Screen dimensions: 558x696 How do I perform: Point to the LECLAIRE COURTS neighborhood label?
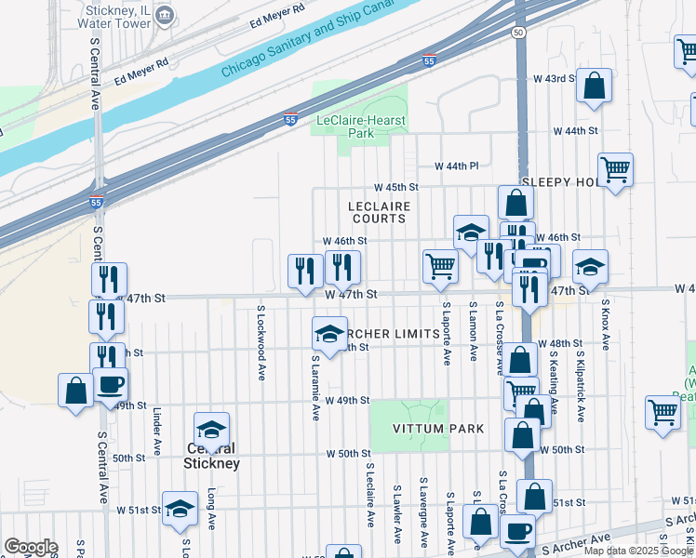click(x=379, y=211)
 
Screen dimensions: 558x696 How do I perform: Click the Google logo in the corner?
click(x=31, y=546)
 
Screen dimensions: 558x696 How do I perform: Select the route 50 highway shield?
click(x=518, y=33)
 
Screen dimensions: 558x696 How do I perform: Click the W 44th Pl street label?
click(x=456, y=166)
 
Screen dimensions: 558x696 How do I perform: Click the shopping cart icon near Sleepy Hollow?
click(x=615, y=170)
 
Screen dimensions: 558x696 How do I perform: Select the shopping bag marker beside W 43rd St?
click(x=594, y=86)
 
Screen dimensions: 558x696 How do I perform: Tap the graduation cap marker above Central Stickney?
click(x=211, y=429)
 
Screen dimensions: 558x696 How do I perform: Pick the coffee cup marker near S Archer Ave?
click(x=517, y=531)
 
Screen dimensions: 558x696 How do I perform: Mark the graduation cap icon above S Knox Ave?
click(x=589, y=267)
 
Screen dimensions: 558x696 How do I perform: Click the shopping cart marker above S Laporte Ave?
click(x=440, y=266)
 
